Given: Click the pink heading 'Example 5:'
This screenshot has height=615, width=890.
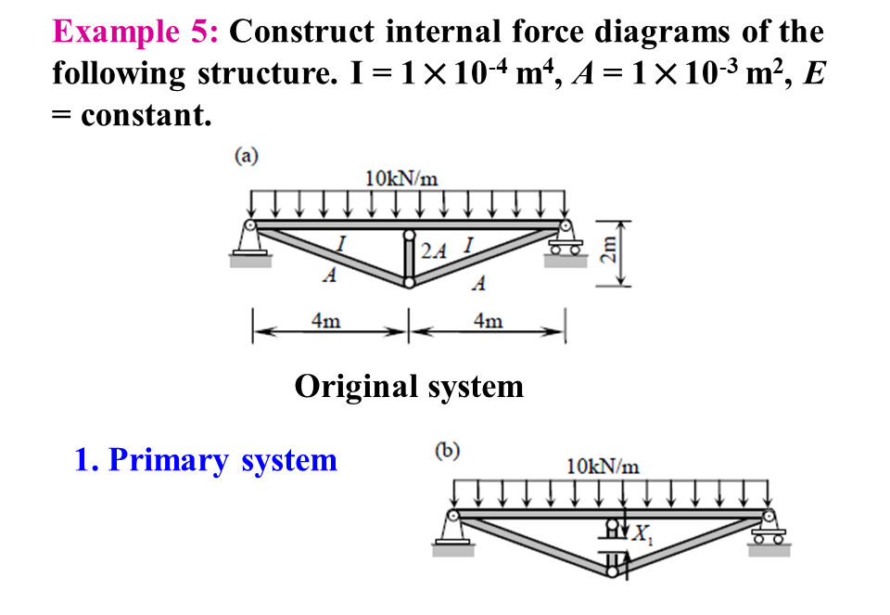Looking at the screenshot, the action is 135,32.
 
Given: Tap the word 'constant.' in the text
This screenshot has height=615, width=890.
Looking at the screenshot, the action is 146,115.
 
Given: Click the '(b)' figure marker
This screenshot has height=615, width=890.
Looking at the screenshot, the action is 447,452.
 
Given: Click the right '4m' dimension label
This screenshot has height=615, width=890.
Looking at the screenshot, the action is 488,322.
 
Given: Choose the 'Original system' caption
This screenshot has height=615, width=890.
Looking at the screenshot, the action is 409,385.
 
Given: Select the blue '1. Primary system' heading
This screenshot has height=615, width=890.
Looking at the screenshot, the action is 206,459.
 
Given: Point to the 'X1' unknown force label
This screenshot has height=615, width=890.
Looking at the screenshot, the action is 641,536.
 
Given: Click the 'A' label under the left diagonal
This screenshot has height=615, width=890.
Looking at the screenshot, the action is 328,276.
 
